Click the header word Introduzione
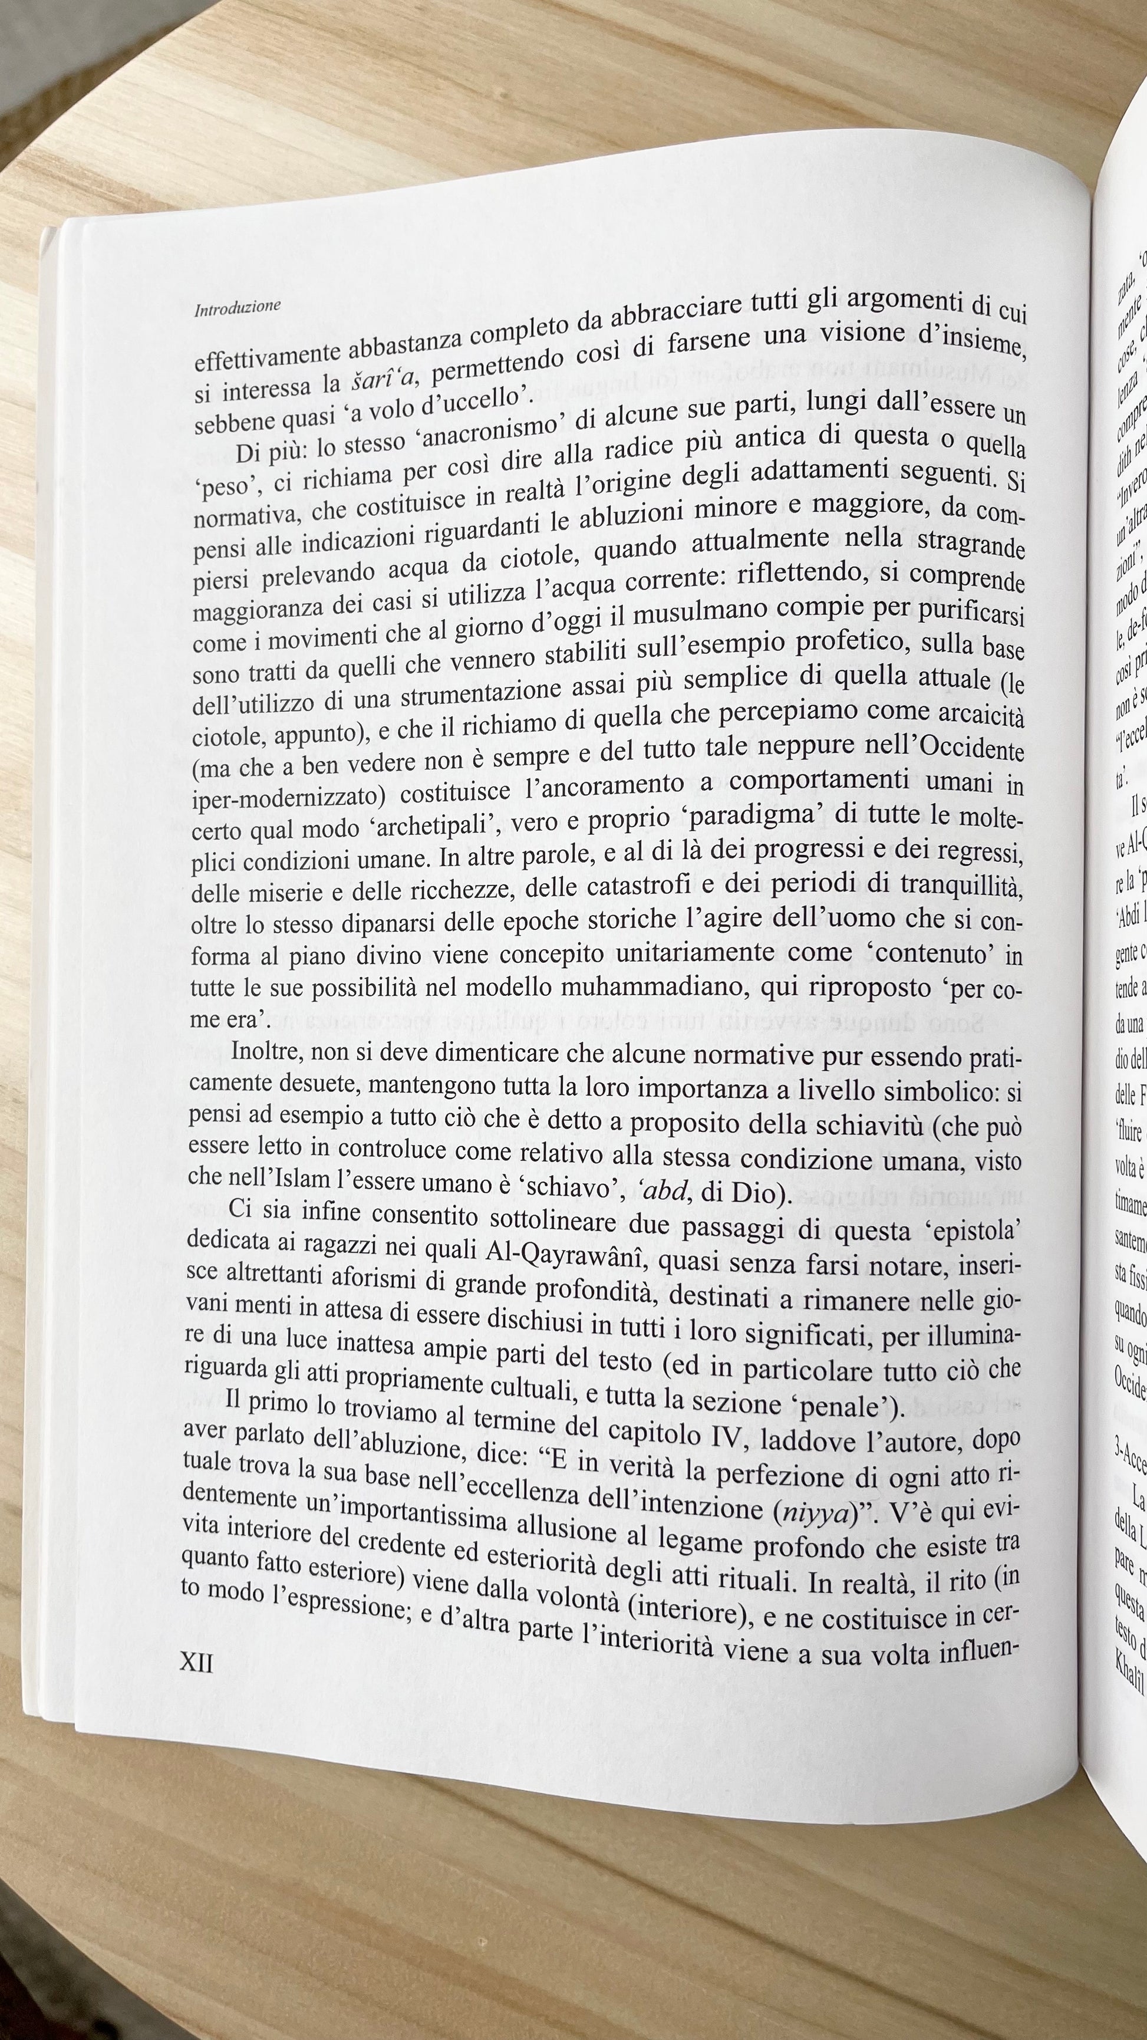point(238,307)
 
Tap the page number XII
point(196,1639)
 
